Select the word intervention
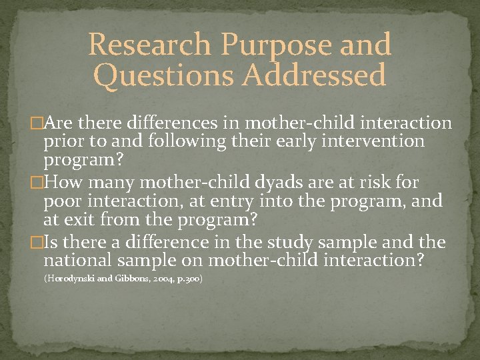371,141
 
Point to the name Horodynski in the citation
71,278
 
